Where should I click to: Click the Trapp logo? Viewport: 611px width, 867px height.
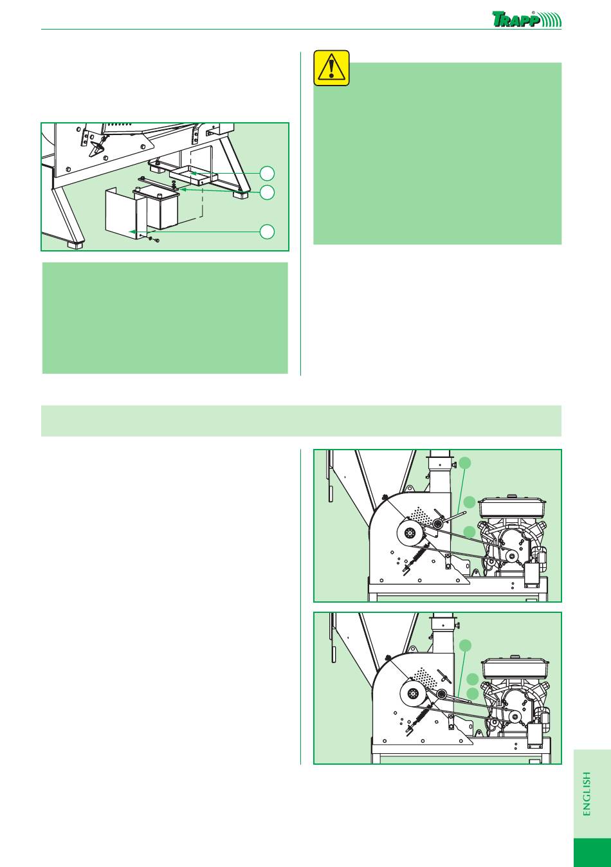click(x=527, y=19)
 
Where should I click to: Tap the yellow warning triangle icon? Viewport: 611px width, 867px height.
click(x=331, y=68)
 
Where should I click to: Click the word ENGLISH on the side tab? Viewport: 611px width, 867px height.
click(x=587, y=794)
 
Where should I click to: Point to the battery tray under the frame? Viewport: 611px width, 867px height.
click(x=194, y=176)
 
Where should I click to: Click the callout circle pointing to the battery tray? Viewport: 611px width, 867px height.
click(x=267, y=174)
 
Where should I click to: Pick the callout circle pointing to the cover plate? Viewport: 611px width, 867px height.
click(x=267, y=232)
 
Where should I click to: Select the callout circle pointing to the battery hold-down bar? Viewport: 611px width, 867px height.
click(x=267, y=192)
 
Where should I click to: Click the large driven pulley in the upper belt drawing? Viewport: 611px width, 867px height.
click(x=408, y=534)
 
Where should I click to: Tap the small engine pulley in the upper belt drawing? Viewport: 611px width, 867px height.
click(x=511, y=556)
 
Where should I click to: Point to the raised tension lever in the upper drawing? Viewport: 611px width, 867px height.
click(x=452, y=518)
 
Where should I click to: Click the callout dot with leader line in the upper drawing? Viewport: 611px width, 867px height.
click(x=466, y=462)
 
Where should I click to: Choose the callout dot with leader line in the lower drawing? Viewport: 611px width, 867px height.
click(x=466, y=645)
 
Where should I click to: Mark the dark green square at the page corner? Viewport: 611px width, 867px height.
click(x=592, y=853)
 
